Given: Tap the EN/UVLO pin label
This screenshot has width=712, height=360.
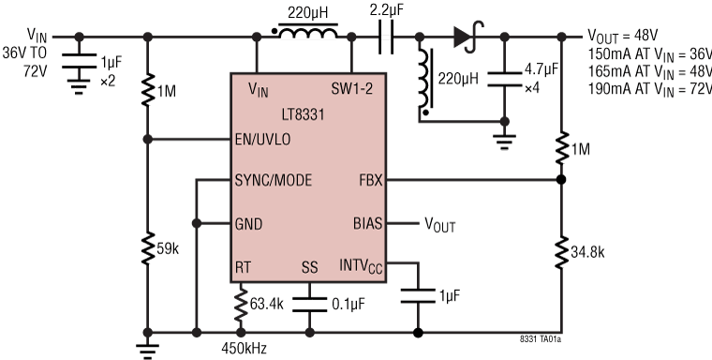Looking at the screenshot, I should [266, 140].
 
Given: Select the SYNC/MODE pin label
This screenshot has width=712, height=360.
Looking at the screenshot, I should [274, 180].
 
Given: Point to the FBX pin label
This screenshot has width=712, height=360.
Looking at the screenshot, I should [370, 180].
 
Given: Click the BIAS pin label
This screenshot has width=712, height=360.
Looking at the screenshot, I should [368, 224].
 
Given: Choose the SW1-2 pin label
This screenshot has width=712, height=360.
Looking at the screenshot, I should [359, 89].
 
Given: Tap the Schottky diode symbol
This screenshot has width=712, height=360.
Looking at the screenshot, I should [463, 37].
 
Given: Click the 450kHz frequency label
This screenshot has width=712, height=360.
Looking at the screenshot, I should [243, 348].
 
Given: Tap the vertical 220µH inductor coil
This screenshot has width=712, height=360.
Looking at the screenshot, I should [425, 82].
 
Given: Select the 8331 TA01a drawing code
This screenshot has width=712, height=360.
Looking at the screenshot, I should [544, 341].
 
